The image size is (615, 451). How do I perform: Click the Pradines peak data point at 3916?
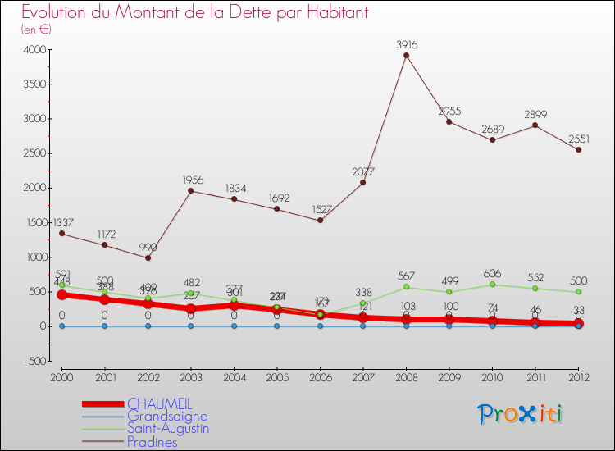point(406,56)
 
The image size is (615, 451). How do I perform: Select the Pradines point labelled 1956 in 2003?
point(191,191)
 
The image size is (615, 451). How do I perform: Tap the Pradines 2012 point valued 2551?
point(579,150)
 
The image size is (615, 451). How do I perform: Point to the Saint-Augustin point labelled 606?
point(492,285)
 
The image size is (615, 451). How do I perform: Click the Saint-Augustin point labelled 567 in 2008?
point(406,287)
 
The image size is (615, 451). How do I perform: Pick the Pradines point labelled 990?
point(148,257)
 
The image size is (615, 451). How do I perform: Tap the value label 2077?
point(362,171)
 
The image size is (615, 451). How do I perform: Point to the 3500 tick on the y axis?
point(34,84)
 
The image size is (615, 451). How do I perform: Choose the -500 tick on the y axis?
point(34,361)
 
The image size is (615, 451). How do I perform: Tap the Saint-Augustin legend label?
point(168,428)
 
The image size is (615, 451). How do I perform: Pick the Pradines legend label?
point(152,441)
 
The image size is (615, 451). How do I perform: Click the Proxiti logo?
point(521,414)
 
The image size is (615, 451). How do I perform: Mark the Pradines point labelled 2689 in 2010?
point(492,140)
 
